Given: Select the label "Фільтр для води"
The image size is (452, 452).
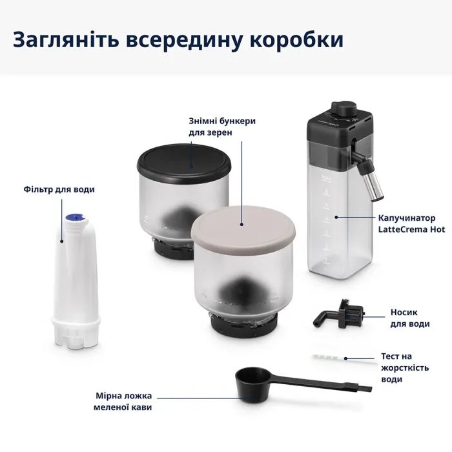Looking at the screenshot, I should tap(59, 189).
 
